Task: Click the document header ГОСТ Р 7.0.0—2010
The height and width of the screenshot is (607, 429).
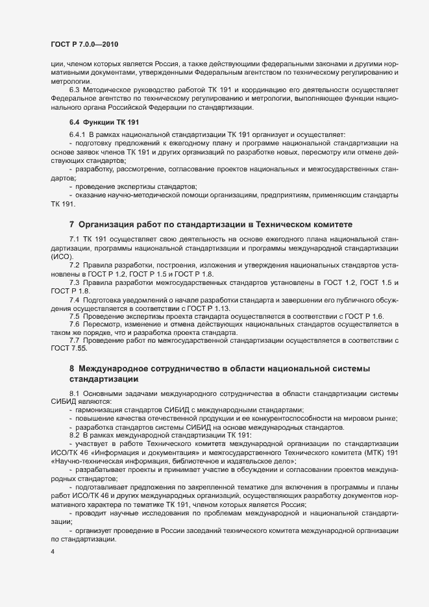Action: (84, 43)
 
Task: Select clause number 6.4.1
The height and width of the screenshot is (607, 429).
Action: (77, 134)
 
